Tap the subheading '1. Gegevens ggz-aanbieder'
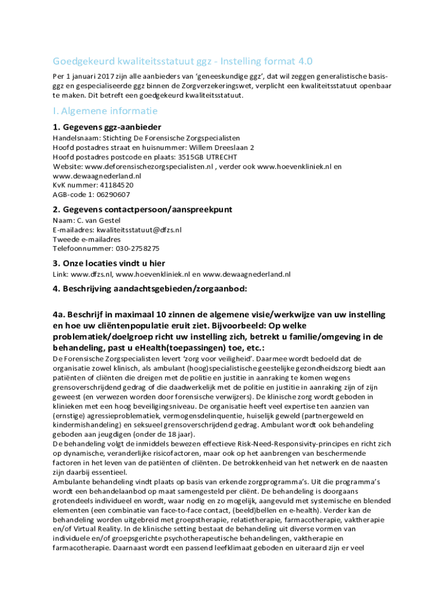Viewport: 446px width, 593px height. [x=107, y=127]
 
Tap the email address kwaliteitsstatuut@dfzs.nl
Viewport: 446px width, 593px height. [x=139, y=230]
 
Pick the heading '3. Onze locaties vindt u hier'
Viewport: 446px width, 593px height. [x=109, y=263]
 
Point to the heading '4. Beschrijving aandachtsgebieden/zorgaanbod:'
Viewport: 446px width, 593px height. [x=150, y=289]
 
